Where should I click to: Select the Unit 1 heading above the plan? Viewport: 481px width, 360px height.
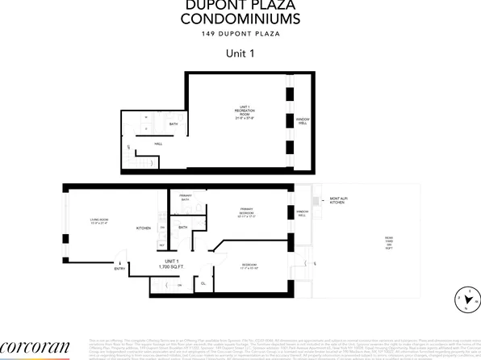(240, 55)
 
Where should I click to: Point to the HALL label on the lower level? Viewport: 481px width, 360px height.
(159, 143)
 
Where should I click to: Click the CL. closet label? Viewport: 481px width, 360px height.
(203, 284)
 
